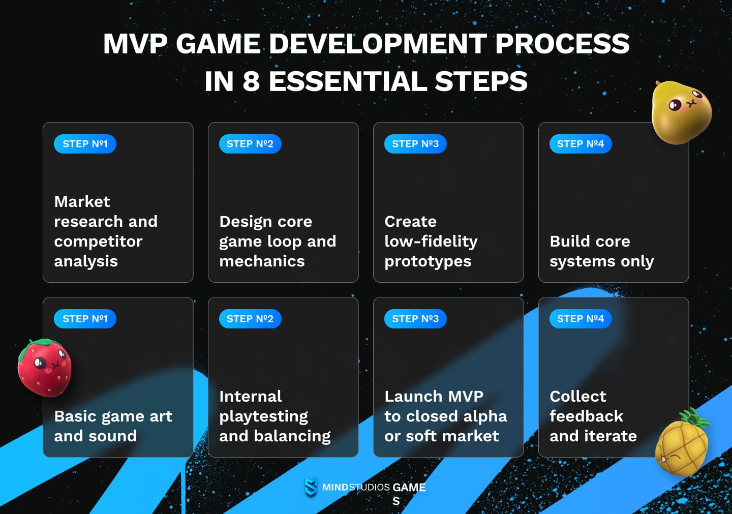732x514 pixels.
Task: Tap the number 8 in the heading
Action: pyautogui.click(x=251, y=81)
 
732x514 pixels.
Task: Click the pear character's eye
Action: pyautogui.click(x=675, y=105)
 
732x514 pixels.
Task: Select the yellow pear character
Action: pyautogui.click(x=681, y=113)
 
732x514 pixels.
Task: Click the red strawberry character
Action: pyautogui.click(x=45, y=369)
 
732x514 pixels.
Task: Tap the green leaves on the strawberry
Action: pyautogui.click(x=46, y=344)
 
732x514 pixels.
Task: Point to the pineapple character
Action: pyautogui.click(x=681, y=447)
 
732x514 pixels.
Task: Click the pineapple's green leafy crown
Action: pyautogui.click(x=694, y=418)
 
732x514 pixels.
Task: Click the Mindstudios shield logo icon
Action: pyautogui.click(x=311, y=487)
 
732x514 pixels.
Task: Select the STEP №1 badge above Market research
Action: pyautogui.click(x=85, y=144)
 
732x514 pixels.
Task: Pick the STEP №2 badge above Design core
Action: pyautogui.click(x=250, y=144)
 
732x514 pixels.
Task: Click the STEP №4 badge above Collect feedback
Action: pyautogui.click(x=581, y=319)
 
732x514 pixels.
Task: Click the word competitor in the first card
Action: pyautogui.click(x=98, y=241)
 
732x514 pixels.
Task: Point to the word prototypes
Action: pyautogui.click(x=428, y=261)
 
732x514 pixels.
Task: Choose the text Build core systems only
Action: pyautogui.click(x=601, y=251)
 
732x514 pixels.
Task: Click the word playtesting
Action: pyautogui.click(x=263, y=416)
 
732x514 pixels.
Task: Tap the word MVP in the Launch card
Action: pyautogui.click(x=466, y=397)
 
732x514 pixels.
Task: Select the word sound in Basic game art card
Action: pyautogui.click(x=112, y=436)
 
